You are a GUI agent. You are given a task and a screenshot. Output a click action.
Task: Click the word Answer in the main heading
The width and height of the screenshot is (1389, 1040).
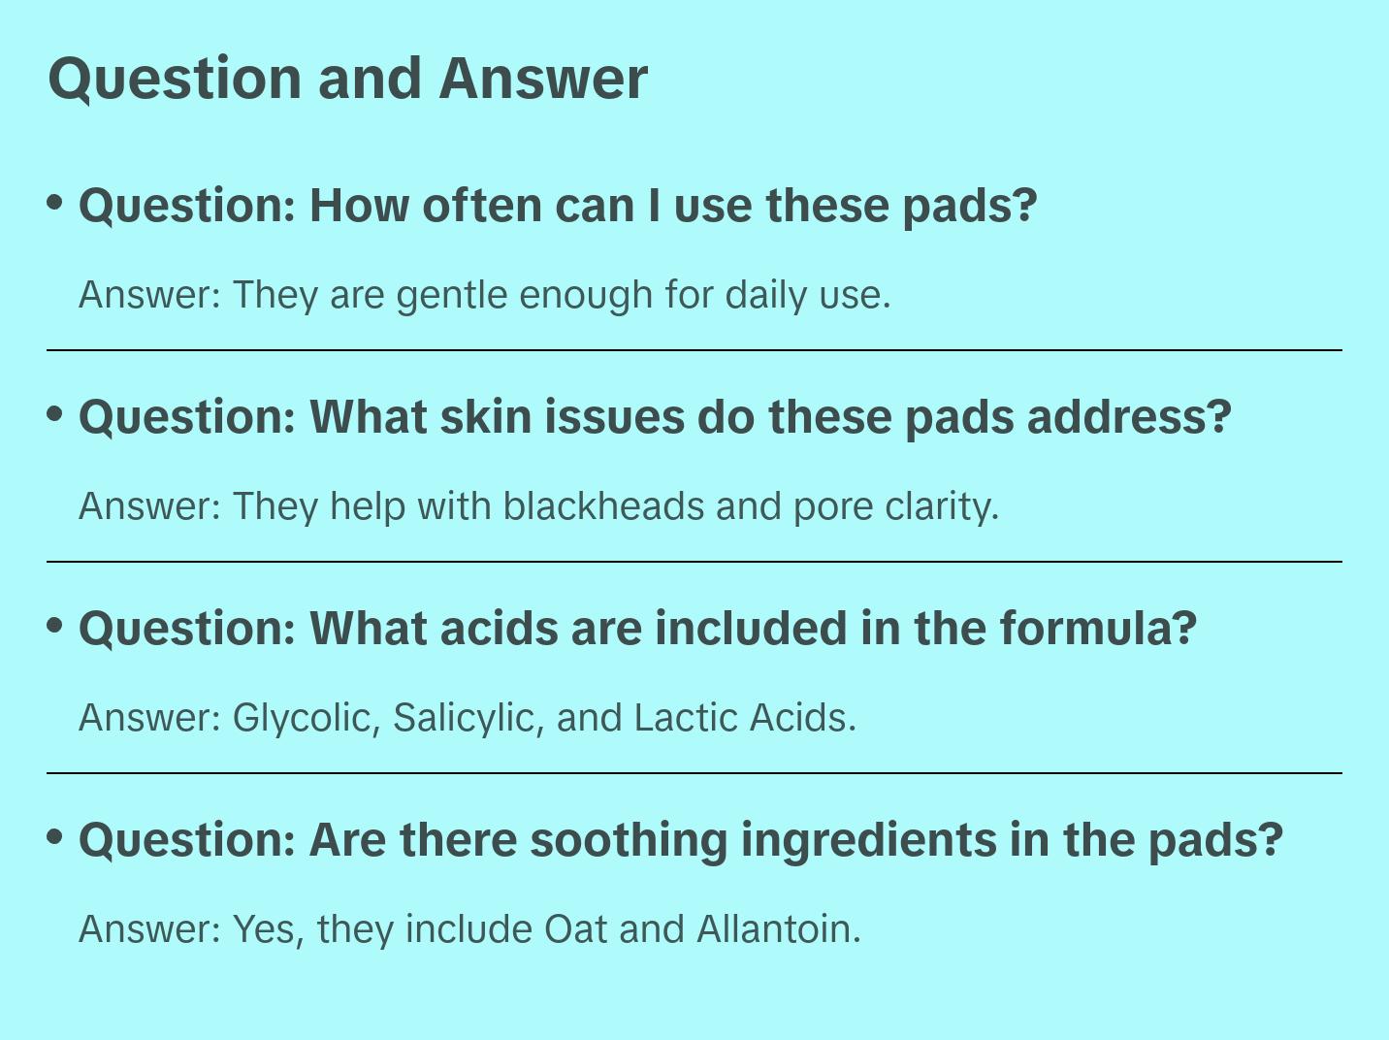[x=543, y=79]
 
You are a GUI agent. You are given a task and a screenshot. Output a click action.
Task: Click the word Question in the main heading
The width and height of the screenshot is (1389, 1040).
[x=175, y=80]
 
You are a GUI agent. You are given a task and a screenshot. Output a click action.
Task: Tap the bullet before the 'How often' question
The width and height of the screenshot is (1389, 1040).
[x=55, y=203]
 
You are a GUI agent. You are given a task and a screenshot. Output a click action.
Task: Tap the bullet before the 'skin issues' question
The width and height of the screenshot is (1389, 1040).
[x=55, y=414]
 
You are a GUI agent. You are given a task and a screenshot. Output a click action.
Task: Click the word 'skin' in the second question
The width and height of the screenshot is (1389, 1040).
[x=485, y=417]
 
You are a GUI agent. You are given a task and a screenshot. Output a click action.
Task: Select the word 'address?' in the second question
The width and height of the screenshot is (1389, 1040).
[x=1129, y=417]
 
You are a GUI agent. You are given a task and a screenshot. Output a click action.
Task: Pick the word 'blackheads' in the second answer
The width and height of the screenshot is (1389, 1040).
[x=603, y=506]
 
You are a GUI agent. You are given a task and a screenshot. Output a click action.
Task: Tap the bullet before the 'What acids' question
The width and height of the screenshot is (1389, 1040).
[x=55, y=626]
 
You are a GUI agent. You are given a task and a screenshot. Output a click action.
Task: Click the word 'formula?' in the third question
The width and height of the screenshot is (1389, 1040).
[x=1099, y=629]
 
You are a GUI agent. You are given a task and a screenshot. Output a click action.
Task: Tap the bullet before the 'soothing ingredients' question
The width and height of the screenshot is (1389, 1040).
[x=55, y=837]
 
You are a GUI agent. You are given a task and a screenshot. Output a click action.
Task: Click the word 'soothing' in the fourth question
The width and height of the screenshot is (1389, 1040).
[x=629, y=841]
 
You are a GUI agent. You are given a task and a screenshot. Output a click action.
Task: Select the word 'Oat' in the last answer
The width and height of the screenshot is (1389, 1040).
[x=575, y=928]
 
